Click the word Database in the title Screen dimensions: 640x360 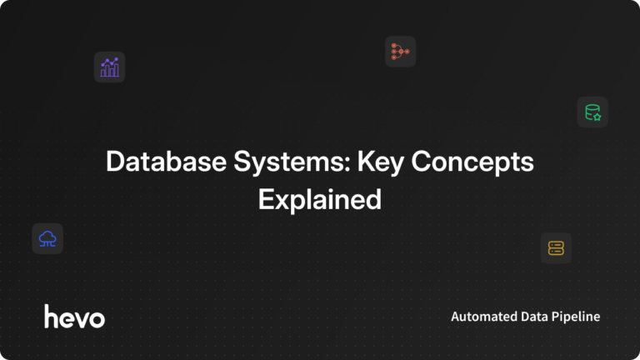coord(166,161)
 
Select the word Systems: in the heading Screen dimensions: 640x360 coord(292,163)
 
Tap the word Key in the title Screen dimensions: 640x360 coord(380,163)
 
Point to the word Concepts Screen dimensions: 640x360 coord(472,163)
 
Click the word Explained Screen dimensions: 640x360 coord(320,201)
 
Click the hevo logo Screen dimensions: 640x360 coord(74,316)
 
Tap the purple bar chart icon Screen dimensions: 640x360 coord(109,67)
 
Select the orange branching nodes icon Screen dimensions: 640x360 coord(400,52)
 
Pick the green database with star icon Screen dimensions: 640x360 coord(592,112)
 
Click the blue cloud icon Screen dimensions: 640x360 coord(47,239)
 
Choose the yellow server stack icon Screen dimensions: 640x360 coord(556,248)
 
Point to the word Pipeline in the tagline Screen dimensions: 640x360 coord(576,317)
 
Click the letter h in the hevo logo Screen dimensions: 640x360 coord(52,316)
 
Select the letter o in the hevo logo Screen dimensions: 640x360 coord(97,320)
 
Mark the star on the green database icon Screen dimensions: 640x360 coord(597,117)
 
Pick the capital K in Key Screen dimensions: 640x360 coord(367,161)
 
